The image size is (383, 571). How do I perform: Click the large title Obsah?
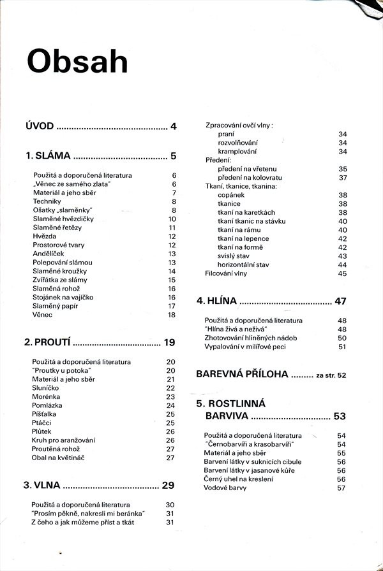click(x=77, y=62)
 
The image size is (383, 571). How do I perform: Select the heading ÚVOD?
click(x=39, y=126)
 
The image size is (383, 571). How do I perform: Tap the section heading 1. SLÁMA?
click(x=47, y=155)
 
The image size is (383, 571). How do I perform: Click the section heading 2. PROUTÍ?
click(x=47, y=342)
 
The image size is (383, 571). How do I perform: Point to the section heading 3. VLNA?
click(x=42, y=485)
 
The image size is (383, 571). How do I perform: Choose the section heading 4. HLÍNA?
click(x=216, y=301)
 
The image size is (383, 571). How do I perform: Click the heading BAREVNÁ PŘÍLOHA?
click(x=242, y=373)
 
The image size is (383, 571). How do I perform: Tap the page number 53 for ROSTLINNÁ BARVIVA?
click(x=339, y=417)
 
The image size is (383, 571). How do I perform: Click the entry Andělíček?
click(x=50, y=254)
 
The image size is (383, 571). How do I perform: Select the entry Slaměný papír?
click(x=55, y=306)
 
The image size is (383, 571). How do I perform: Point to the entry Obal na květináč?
click(x=59, y=457)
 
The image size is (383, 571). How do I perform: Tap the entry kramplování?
click(x=237, y=152)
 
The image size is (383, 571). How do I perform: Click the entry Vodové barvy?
click(x=225, y=488)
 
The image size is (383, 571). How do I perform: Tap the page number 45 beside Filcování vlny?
click(x=342, y=273)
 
